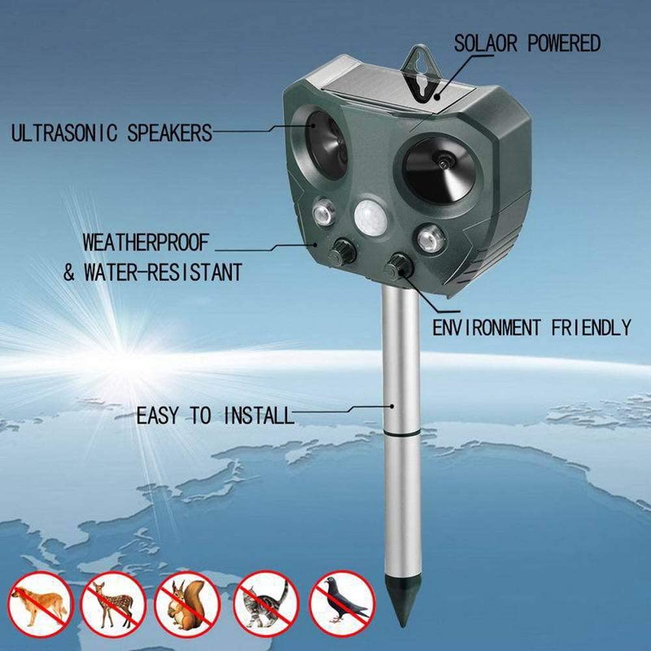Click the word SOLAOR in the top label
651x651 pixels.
point(485,44)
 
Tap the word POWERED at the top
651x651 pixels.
point(563,44)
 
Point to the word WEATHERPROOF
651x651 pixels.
point(146,243)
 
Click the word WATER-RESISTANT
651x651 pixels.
point(163,271)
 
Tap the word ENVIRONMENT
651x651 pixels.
point(487,327)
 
